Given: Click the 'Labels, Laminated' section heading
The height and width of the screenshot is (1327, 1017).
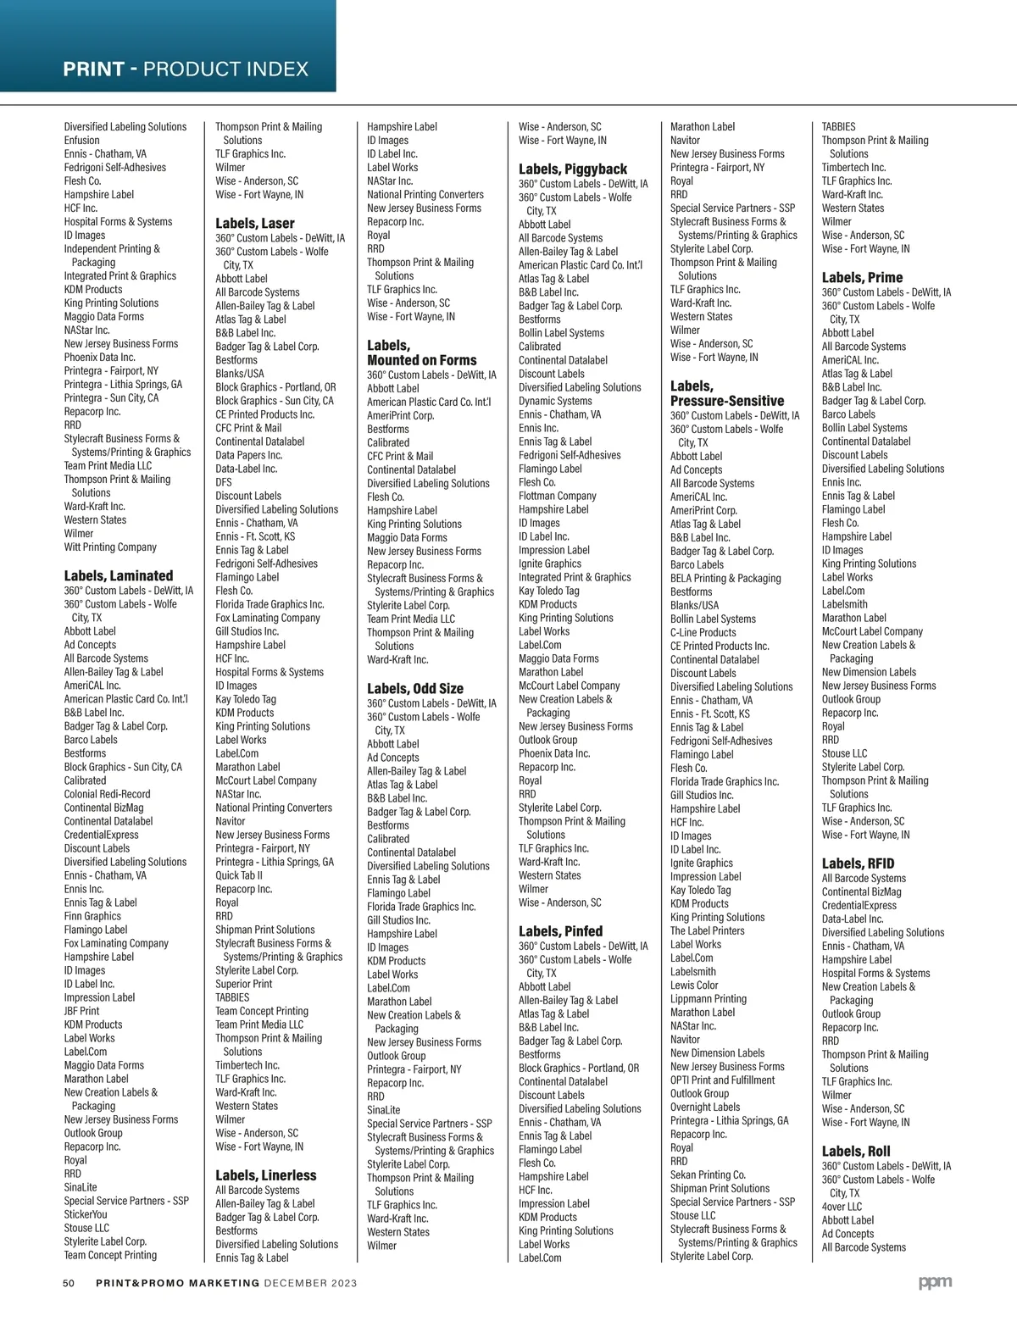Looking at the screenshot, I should tap(118, 575).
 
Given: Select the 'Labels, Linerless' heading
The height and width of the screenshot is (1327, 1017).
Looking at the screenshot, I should tap(265, 1175).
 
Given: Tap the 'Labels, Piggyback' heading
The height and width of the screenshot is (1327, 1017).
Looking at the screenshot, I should tap(573, 169).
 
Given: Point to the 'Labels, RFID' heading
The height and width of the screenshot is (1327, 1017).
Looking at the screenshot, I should tap(858, 863).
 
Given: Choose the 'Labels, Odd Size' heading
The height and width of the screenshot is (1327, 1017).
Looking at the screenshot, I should tap(415, 688).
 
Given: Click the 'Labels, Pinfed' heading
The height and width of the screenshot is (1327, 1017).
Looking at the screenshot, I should tap(560, 931).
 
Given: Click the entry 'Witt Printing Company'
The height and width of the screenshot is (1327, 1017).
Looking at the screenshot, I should tap(110, 547).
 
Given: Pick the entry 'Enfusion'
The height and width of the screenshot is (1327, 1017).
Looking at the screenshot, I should tap(81, 140).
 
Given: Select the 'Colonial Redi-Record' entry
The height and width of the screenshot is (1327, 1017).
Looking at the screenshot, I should tap(107, 794).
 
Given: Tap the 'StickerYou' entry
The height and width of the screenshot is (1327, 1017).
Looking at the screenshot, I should tap(86, 1214).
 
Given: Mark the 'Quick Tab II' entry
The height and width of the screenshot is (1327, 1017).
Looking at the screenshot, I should tap(239, 875).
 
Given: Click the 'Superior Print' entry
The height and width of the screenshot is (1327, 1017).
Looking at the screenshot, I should tap(244, 984).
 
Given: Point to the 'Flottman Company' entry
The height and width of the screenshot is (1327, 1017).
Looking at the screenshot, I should tap(557, 496).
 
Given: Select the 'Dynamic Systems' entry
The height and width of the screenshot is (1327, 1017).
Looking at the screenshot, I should tap(555, 401).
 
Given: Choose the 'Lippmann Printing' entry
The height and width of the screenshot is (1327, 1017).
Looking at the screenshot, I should tap(708, 998).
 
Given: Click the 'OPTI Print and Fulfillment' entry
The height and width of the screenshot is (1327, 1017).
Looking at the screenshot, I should tap(722, 1080).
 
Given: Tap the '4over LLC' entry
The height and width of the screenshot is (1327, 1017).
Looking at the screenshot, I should tap(842, 1207).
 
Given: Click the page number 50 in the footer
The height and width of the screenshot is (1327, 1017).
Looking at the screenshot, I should tap(69, 1283).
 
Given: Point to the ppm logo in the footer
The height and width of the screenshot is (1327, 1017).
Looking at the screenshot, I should tap(935, 1283).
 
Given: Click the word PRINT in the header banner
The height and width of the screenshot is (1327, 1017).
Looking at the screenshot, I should tap(93, 69).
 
